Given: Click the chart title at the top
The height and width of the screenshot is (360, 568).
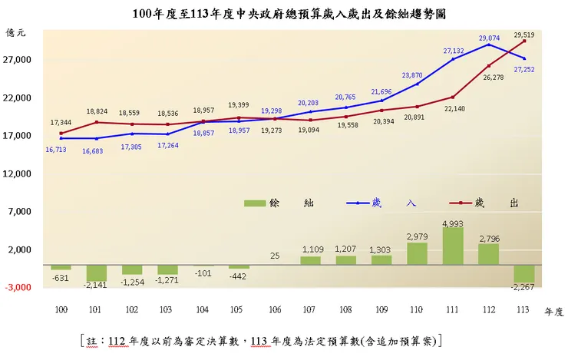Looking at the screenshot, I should [x=284, y=14].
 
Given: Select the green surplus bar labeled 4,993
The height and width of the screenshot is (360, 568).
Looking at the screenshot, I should [x=453, y=246].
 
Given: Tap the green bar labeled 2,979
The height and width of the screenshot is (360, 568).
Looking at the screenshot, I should [x=417, y=253].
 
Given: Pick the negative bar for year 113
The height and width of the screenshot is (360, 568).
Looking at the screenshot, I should [x=524, y=274].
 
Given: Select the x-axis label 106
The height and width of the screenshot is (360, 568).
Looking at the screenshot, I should [x=274, y=309].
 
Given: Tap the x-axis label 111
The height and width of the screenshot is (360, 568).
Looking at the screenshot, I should [x=453, y=309].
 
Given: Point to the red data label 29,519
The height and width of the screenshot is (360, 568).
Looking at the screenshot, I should [x=524, y=35].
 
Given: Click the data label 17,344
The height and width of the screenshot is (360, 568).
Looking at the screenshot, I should [x=61, y=123].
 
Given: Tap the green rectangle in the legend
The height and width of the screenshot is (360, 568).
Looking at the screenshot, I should [x=254, y=203].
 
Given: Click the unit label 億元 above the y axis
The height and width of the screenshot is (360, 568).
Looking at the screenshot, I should [x=16, y=33].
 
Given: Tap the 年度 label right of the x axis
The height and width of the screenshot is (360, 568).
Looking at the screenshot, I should [x=554, y=311].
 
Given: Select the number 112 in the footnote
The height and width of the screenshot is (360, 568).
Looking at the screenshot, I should [x=117, y=339].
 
